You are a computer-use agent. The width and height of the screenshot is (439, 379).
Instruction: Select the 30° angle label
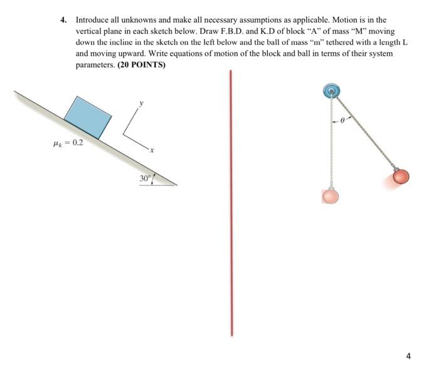[145, 178]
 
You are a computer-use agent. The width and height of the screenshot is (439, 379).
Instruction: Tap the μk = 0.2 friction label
[69, 142]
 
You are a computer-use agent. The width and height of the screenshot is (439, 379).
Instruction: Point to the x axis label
[151, 151]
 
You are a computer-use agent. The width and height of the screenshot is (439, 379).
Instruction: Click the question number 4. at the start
[64, 20]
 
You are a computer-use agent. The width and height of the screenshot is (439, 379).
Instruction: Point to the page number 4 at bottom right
[408, 356]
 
